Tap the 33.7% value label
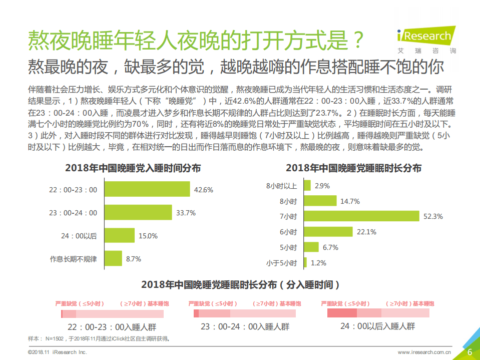coord(186,213)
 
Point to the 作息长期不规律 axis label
coord(73,259)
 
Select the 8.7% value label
coord(133,259)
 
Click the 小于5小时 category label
coord(281,263)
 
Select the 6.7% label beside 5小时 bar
coord(330,247)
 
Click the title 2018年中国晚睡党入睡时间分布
coord(133,168)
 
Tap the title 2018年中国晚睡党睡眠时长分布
coord(353,168)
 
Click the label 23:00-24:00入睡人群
coord(245,326)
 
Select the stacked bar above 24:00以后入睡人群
coord(378,313)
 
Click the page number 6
coord(469,351)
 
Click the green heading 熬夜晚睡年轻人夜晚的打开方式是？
coord(195,40)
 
